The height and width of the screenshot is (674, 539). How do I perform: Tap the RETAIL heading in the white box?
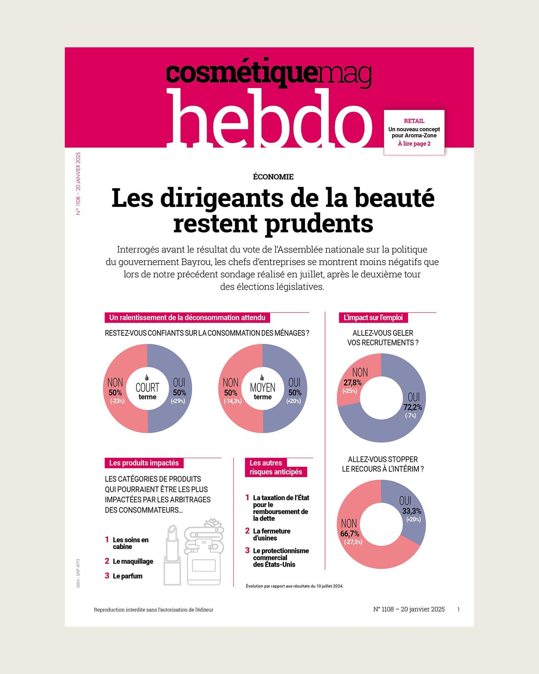(414, 121)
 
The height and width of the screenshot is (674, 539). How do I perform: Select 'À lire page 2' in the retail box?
(414, 144)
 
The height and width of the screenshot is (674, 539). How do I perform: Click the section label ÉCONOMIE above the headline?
(273, 177)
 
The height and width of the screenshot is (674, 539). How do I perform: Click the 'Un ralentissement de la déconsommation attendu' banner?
(187, 318)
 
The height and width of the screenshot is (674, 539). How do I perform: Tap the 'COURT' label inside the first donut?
(147, 387)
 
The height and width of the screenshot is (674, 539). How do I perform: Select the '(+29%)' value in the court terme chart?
(178, 401)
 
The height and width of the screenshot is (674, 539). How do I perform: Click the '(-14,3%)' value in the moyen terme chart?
(232, 401)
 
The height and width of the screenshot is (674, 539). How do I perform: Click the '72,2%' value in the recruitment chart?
(413, 407)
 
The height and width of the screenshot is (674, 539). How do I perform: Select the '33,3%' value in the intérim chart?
(411, 511)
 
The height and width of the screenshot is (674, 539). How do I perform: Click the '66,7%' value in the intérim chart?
(350, 534)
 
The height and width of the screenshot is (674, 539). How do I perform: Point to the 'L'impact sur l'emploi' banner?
(373, 318)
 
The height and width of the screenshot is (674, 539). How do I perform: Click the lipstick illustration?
(172, 556)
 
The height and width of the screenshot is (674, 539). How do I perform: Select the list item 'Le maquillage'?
(133, 562)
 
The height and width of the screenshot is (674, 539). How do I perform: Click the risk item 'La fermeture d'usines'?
(272, 534)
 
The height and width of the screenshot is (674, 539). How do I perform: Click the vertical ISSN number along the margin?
(78, 573)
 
